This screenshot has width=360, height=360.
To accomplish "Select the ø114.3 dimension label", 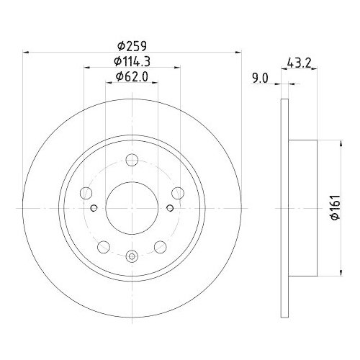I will point(132,61).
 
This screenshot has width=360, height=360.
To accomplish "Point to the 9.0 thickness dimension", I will point(261,78).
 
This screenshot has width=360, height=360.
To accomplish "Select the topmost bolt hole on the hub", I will point(132,161).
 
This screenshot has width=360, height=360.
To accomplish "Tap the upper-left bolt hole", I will point(86,192).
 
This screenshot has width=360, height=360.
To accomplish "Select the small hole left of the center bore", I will point(94,209).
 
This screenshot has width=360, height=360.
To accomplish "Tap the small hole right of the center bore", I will point(170,209).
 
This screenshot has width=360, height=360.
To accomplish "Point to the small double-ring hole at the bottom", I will point(132,255).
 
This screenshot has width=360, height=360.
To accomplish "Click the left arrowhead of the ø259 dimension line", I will point(27,51).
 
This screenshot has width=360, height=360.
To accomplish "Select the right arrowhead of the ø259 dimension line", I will point(236,51).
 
